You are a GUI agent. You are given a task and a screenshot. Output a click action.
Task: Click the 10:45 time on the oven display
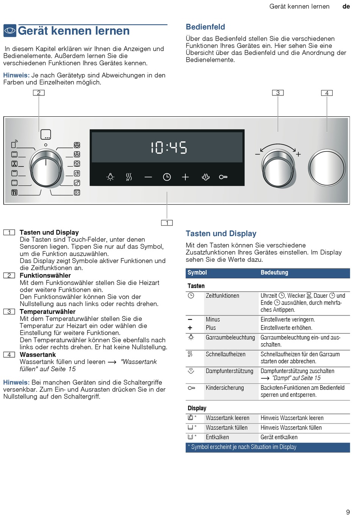(x=169, y=147)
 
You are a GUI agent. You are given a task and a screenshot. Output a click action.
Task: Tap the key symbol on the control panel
(x=223, y=177)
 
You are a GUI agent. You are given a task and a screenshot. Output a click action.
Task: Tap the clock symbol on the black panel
(x=167, y=177)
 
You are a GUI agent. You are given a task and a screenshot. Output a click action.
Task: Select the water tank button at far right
(x=327, y=168)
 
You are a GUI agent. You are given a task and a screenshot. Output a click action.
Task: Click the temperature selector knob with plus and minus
(x=278, y=168)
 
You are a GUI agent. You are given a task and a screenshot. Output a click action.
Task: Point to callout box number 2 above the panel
(x=39, y=93)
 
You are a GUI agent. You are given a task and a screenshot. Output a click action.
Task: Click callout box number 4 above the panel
(x=327, y=93)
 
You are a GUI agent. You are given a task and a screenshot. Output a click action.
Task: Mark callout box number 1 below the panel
(x=167, y=223)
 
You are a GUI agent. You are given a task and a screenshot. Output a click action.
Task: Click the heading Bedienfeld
(x=205, y=27)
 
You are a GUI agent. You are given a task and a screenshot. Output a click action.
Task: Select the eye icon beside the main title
(x=10, y=31)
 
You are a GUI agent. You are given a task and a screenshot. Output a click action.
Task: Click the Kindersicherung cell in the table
(x=225, y=388)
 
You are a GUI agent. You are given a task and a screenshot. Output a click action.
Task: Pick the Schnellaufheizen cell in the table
(x=225, y=354)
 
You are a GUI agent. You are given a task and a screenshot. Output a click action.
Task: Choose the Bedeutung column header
(x=274, y=273)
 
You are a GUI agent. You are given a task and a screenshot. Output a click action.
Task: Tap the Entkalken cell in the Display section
(x=217, y=437)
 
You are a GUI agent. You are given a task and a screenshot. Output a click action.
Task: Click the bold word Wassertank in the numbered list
(x=38, y=355)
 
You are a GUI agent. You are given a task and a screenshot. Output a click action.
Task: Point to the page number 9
(x=348, y=512)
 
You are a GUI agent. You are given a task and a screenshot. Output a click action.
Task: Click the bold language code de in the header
(x=346, y=6)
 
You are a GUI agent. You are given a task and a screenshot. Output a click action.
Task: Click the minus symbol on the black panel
(x=148, y=177)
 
